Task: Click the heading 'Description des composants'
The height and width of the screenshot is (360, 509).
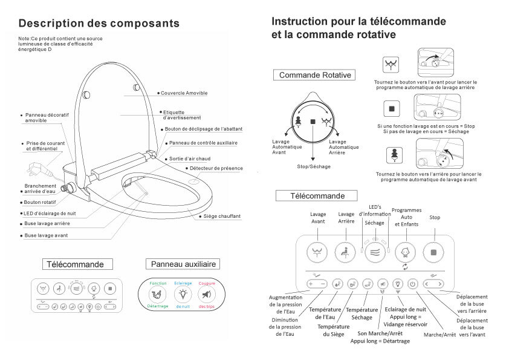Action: click(x=99, y=24)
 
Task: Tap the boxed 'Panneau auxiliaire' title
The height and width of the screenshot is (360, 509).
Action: click(x=183, y=264)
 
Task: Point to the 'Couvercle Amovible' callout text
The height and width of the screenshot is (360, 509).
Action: click(x=184, y=93)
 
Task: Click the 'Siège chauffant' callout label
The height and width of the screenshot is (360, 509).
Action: click(x=222, y=216)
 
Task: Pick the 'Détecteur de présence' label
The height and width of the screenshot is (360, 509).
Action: click(x=216, y=168)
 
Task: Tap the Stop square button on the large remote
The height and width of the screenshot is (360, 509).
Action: click(x=433, y=252)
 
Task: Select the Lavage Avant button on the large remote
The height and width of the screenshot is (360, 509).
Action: click(x=317, y=252)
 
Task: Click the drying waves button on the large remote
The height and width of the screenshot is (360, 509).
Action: click(x=375, y=252)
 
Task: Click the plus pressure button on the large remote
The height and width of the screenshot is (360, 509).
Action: click(x=312, y=283)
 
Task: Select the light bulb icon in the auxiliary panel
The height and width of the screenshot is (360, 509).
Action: click(x=183, y=295)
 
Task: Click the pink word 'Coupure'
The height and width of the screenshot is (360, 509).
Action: click(x=207, y=283)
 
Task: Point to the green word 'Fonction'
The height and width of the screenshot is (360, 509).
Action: click(x=158, y=283)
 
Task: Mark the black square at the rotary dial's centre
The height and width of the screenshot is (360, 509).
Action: click(x=313, y=122)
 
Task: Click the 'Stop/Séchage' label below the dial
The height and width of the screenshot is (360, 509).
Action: click(x=314, y=166)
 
